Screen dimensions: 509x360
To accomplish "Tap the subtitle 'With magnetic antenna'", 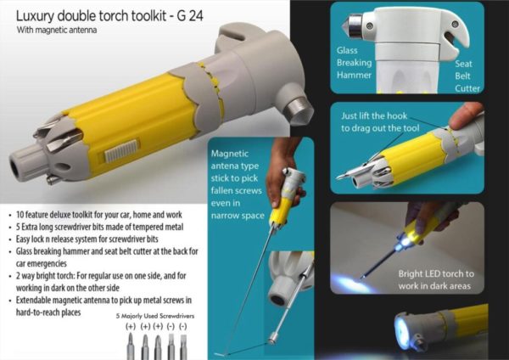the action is click(57, 31).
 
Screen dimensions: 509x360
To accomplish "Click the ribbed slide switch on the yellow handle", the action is click(122, 150).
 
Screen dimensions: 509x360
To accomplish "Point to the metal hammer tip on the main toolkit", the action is click(298, 108).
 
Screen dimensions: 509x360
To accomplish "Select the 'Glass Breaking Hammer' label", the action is click(354, 63).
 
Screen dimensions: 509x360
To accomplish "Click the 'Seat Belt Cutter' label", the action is click(467, 76).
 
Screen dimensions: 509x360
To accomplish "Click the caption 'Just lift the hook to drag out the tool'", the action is click(380, 122).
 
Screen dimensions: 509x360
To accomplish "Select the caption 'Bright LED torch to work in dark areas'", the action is click(436, 279).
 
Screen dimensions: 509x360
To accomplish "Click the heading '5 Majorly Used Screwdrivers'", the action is click(155, 316).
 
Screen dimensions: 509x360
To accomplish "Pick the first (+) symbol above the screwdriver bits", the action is click(131, 326).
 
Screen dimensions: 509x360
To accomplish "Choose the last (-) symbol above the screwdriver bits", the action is click(183, 326).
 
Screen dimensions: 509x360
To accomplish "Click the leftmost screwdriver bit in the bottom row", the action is click(131, 347).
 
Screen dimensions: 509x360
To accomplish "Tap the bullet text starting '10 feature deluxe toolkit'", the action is click(99, 215).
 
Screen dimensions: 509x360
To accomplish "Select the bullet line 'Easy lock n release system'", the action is click(87, 239).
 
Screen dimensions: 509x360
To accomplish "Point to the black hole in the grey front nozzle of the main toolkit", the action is click(15, 167).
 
